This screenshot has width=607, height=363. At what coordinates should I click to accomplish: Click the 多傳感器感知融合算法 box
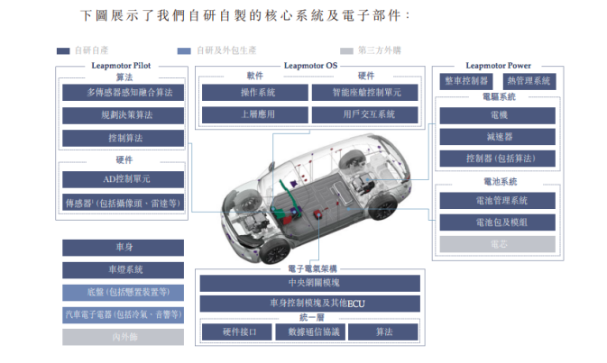(123, 92)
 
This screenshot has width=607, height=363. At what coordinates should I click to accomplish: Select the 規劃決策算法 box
(123, 115)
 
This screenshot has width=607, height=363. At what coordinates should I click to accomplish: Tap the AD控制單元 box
(123, 179)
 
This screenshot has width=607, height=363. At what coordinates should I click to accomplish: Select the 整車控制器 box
(465, 81)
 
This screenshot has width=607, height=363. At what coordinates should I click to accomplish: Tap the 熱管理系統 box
(529, 81)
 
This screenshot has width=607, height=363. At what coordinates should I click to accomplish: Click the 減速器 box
(498, 137)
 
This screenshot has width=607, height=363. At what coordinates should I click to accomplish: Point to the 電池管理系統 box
(498, 200)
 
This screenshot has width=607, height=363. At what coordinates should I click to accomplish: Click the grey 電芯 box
(498, 243)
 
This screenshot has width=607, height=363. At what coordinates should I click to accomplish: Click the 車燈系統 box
(123, 269)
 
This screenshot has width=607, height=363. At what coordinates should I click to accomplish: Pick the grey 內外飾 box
(123, 337)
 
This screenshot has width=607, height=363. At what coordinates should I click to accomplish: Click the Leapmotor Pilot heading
(123, 66)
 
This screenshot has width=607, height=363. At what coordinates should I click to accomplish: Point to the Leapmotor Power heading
(498, 66)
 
